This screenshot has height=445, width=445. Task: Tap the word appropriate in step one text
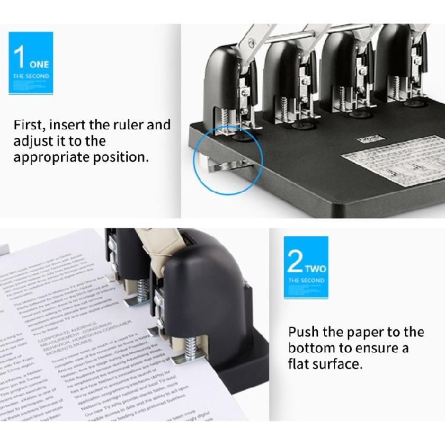pyautogui.click(x=51, y=158)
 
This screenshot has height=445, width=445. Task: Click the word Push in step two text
pyautogui.click(x=303, y=332)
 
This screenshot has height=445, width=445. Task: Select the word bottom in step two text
pyautogui.click(x=310, y=348)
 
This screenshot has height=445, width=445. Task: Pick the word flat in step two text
pyautogui.click(x=298, y=364)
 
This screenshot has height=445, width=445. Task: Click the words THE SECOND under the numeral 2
pyautogui.click(x=306, y=279)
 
